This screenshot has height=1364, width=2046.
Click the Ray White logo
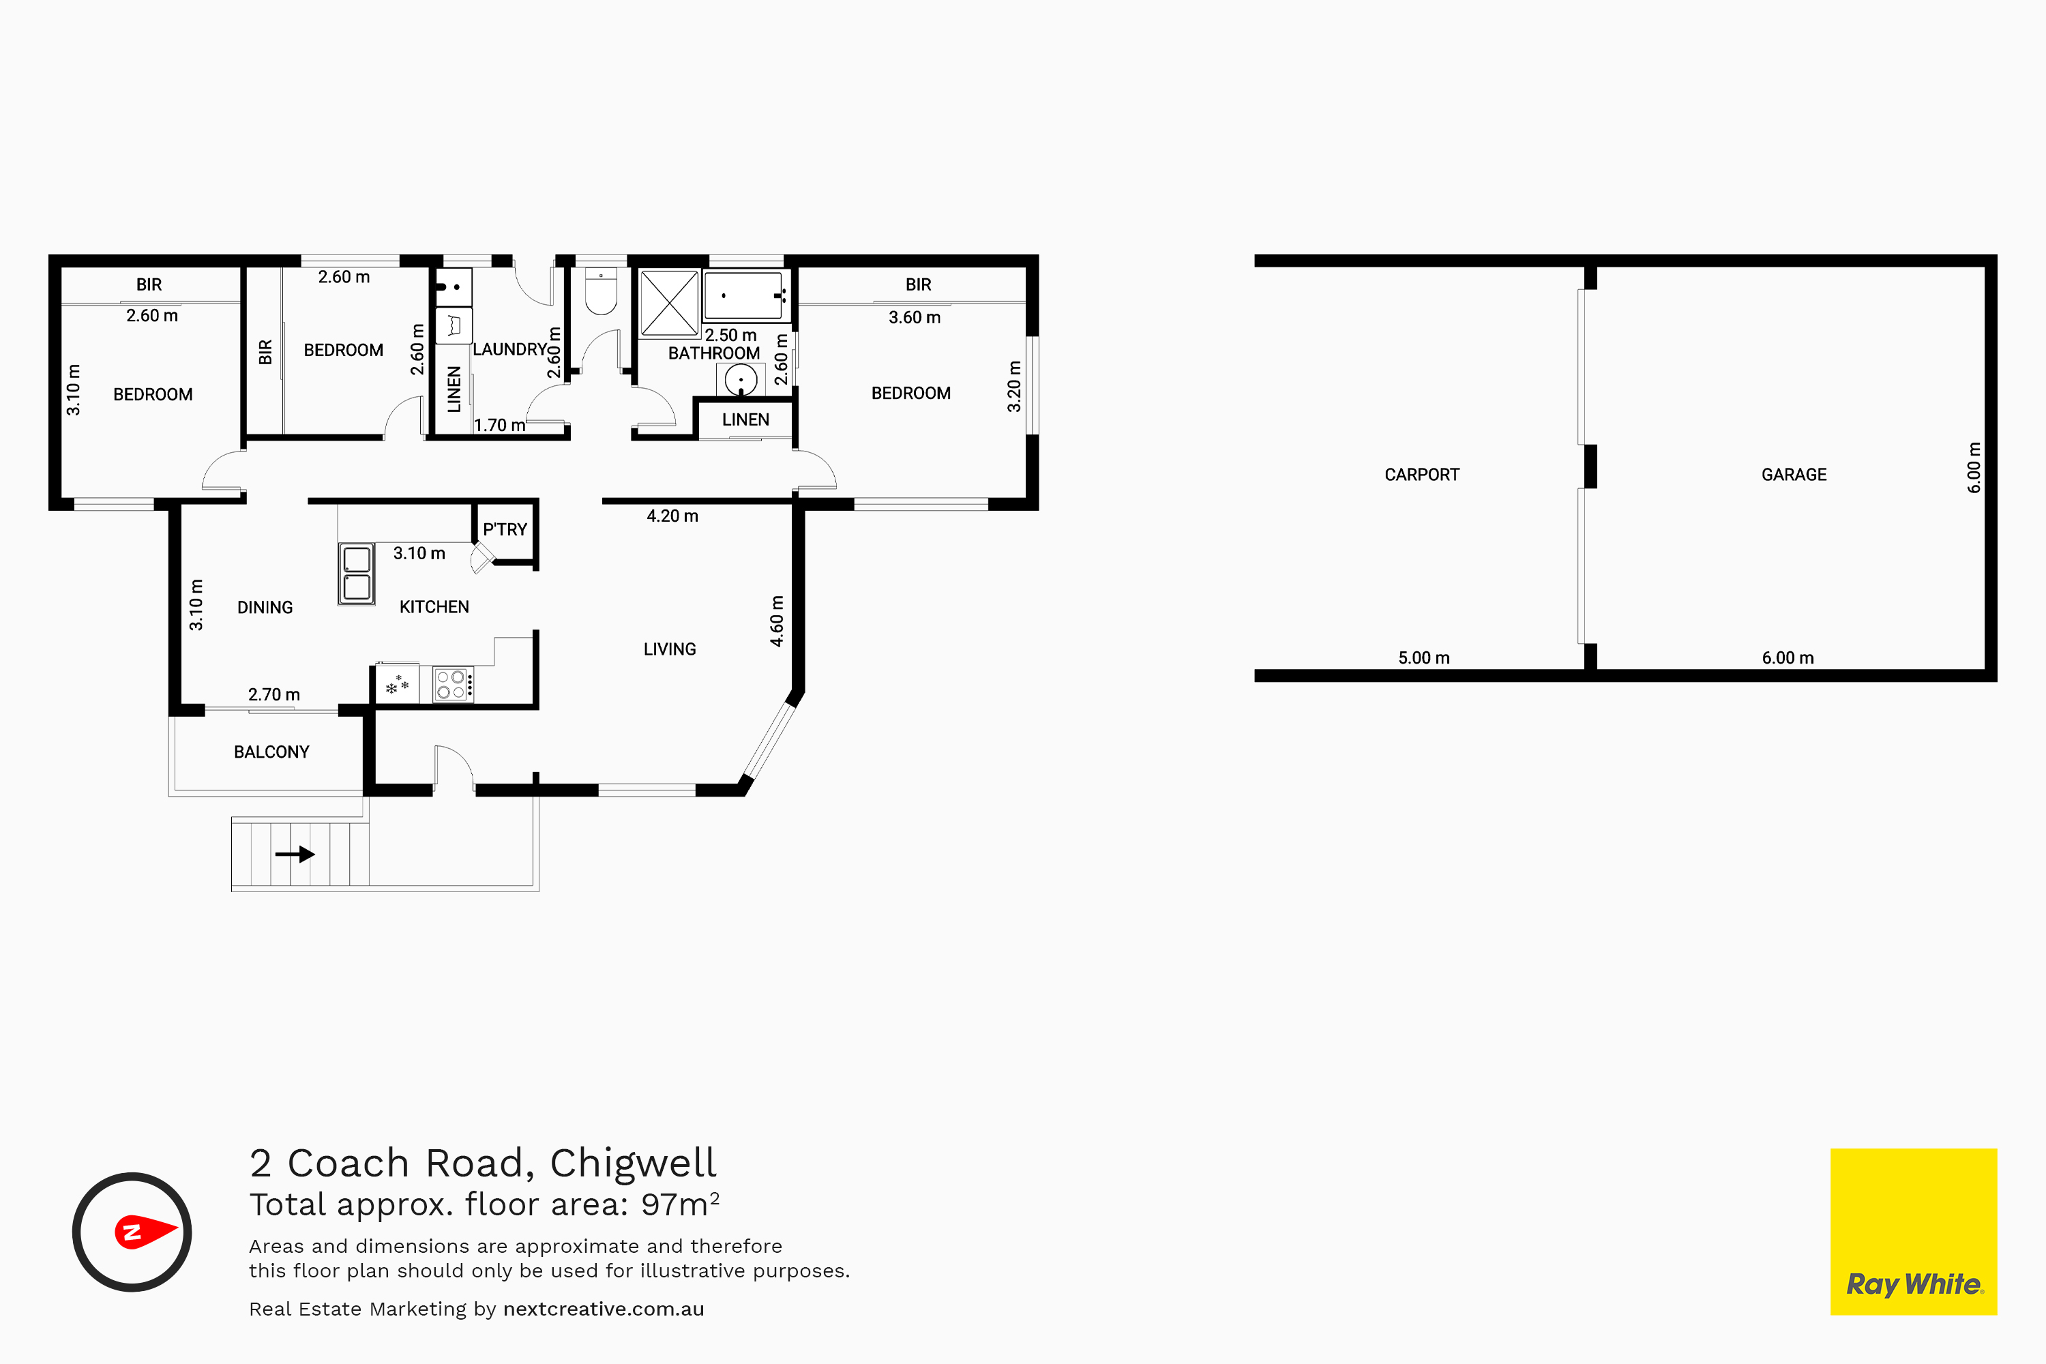[x=1913, y=1231]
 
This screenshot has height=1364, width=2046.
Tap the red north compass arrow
[x=146, y=1231]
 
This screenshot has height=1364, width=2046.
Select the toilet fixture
[x=601, y=291]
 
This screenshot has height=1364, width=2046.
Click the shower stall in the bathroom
[x=669, y=303]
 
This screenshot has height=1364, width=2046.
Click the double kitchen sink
[x=357, y=574]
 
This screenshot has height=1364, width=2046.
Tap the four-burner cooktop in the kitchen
[x=454, y=685]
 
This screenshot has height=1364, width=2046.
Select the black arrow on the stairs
[x=295, y=855]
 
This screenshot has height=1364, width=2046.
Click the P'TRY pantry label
[x=505, y=529]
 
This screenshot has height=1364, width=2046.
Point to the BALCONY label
[x=271, y=752]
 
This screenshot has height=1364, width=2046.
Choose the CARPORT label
[x=1422, y=474]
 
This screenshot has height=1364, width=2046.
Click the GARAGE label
[x=1794, y=474]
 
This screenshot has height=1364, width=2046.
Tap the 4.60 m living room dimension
[x=777, y=621]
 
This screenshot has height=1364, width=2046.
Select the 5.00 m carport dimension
[x=1424, y=657]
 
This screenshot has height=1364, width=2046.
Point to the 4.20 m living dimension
[x=672, y=516]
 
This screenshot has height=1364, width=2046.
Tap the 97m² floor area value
[x=680, y=1204]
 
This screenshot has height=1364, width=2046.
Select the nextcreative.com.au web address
[x=604, y=1309]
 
